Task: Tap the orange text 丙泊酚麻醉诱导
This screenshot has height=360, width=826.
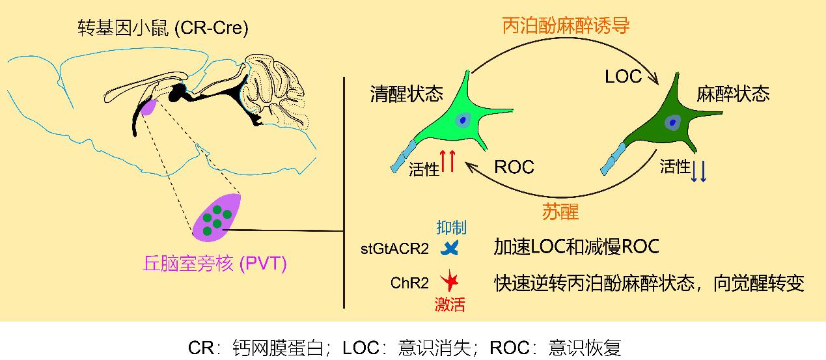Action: click(566, 25)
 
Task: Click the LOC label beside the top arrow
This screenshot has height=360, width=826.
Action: click(623, 77)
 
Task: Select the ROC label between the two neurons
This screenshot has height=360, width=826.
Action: click(514, 167)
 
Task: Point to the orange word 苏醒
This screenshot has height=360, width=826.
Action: click(560, 212)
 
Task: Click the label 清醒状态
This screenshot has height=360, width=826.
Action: click(406, 94)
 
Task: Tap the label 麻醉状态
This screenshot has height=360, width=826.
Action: click(733, 94)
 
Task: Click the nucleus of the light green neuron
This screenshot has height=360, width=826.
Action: click(463, 120)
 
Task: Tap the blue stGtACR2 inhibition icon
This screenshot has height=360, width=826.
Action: click(450, 248)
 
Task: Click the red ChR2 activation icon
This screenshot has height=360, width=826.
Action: click(449, 283)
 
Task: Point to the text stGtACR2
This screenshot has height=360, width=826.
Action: click(394, 248)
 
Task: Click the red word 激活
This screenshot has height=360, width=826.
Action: click(450, 305)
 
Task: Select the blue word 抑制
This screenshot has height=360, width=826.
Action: click(451, 227)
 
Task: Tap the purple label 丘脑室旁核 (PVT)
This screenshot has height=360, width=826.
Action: click(215, 264)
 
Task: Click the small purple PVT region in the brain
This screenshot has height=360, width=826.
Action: click(149, 107)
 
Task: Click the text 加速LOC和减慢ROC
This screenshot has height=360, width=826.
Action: click(576, 247)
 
